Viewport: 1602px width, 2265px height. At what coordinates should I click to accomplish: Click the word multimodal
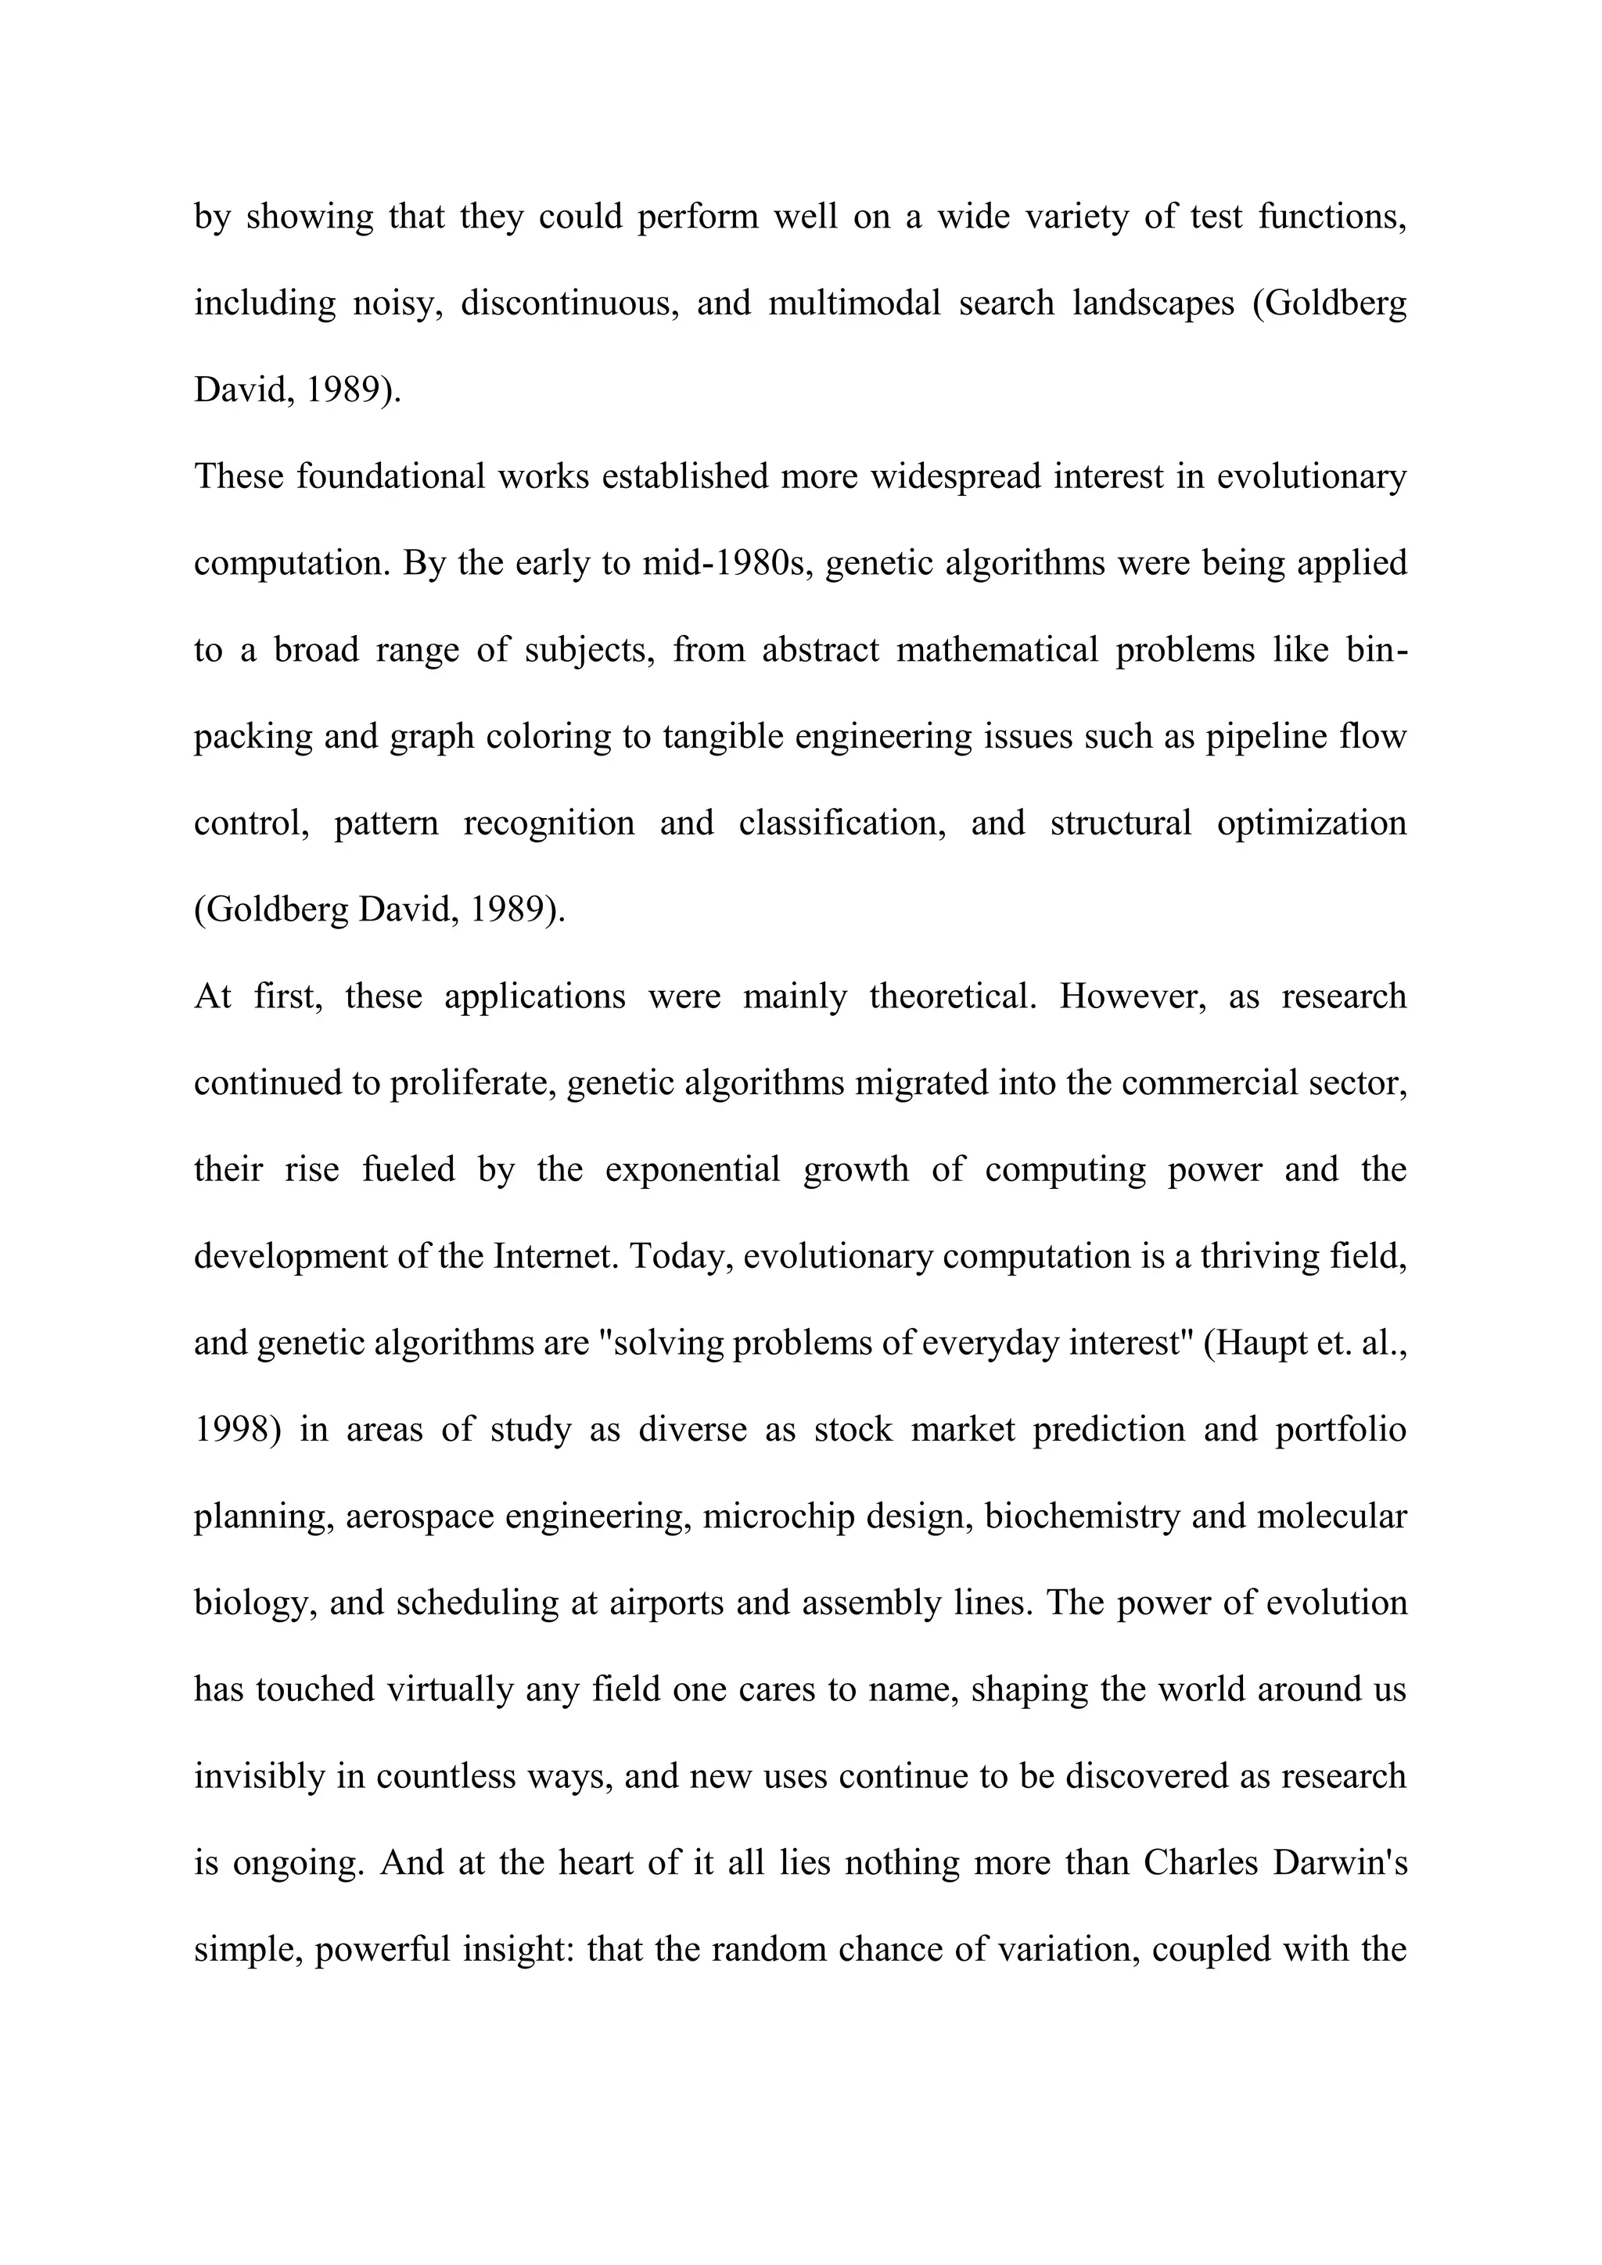pos(854,303)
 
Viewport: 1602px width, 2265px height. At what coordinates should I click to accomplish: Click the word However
pos(1133,996)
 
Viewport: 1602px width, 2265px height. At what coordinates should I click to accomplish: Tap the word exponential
pos(692,1170)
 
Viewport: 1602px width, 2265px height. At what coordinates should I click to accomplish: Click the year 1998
pos(231,1430)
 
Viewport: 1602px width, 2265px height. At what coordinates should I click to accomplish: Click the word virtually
pos(450,1690)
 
